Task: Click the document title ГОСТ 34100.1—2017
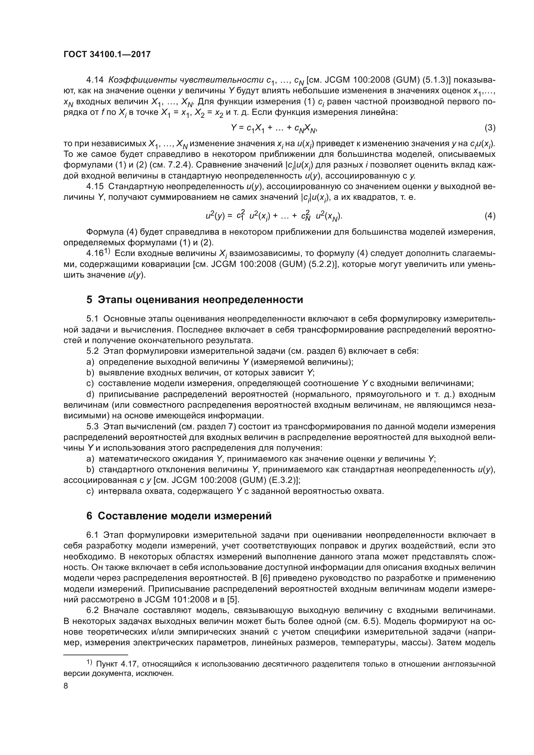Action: [x=107, y=55]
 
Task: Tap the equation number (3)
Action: [x=490, y=128]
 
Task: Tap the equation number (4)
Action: [x=490, y=216]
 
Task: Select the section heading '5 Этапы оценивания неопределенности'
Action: [x=194, y=300]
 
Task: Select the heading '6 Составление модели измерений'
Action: [x=179, y=516]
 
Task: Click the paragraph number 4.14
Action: [x=95, y=80]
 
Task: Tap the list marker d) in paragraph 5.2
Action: [x=90, y=394]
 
